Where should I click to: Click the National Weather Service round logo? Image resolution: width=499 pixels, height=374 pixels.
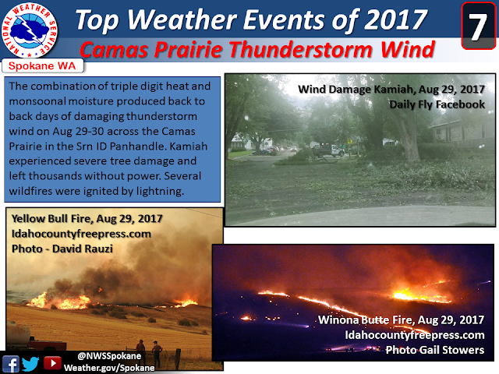[x=30, y=30]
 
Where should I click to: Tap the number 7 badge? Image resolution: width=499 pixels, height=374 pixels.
[x=478, y=26]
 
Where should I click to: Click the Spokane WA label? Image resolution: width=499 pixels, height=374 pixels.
[x=42, y=65]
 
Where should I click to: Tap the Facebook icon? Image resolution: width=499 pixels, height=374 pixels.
[x=10, y=364]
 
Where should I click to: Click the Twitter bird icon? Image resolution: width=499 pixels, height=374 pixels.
[x=31, y=364]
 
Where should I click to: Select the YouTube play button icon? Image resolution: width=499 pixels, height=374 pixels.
[x=52, y=363]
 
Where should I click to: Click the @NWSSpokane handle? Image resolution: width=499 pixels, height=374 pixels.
[x=109, y=355]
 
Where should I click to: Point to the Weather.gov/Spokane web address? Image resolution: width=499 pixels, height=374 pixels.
[x=109, y=368]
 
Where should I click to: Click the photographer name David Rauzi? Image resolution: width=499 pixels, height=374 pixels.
[x=83, y=249]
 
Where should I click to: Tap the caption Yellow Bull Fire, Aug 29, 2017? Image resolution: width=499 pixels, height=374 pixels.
[x=87, y=219]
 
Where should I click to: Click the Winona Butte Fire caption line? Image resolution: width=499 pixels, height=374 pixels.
[x=401, y=319]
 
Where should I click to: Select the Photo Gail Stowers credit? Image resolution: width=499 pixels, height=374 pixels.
[x=435, y=350]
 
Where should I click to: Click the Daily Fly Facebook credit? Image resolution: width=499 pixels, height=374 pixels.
[x=437, y=104]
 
